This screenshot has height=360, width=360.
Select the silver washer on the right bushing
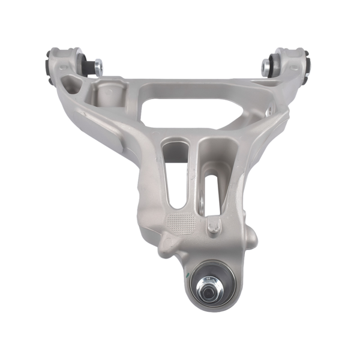coord(266,67)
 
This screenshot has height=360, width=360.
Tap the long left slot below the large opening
coord(173,174)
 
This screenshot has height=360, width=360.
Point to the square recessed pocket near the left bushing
coord(108,93)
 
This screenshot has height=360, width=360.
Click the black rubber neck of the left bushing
coord(88,64)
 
